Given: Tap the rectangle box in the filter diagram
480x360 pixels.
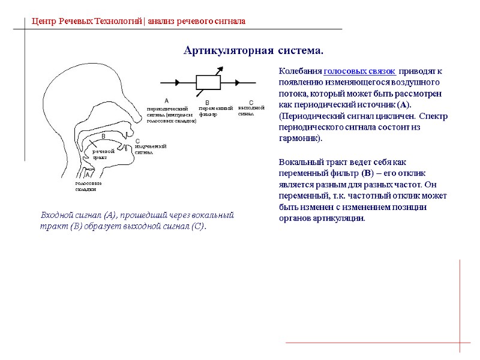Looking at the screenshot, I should click(208, 83).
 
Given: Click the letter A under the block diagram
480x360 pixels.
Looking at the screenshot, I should click(166, 100).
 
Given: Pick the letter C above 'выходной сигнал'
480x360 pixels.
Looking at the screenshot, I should click(251, 103).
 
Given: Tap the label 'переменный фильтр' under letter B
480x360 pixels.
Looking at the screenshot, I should click(215, 110).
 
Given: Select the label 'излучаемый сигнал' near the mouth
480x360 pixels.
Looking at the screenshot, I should click(149, 149).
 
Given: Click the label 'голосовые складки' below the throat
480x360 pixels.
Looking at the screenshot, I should click(88, 186).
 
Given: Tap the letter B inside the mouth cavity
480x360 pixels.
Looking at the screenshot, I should click(103, 137).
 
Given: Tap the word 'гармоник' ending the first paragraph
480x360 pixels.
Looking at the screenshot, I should click(298, 138).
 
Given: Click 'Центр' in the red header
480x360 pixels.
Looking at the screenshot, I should click(43, 22).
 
